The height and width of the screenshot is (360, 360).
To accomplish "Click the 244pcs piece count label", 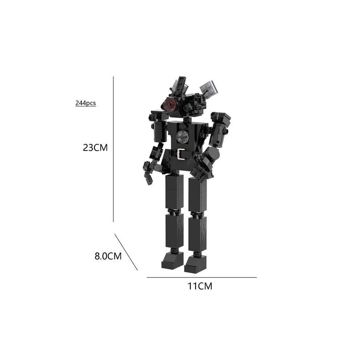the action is click(x=85, y=103).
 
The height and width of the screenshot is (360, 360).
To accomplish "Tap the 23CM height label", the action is click(x=95, y=148).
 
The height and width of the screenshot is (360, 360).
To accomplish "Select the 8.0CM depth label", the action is click(x=108, y=256).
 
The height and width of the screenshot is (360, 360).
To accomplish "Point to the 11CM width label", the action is click(x=200, y=286).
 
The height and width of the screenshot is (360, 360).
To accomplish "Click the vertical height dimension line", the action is click(x=113, y=149).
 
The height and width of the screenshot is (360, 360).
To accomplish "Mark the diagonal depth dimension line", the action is click(x=126, y=252).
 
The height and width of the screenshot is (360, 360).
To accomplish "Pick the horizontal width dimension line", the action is click(x=202, y=277).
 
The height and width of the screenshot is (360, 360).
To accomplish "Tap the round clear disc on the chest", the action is click(x=182, y=137).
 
